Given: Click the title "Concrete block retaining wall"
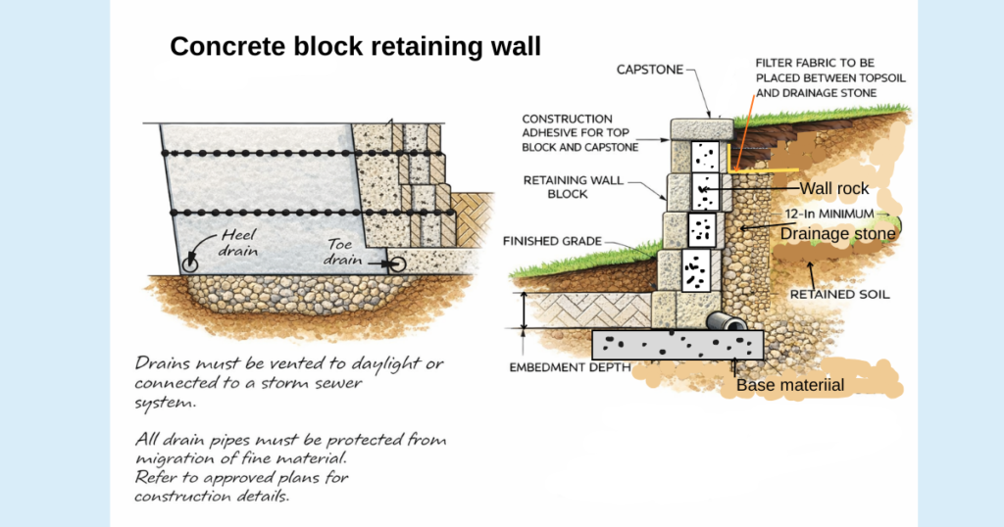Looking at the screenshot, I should tap(355, 46).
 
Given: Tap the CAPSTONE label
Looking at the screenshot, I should tap(648, 70).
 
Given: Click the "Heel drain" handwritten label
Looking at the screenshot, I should tap(238, 243).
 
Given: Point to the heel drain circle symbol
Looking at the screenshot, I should tap(189, 263).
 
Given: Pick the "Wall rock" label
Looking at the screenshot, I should tap(834, 188).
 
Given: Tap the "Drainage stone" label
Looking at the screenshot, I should tap(837, 233).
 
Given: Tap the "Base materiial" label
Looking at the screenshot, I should tap(789, 385).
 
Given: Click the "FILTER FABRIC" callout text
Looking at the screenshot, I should tap(816, 77).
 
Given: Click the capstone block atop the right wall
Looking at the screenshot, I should tap(701, 128).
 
